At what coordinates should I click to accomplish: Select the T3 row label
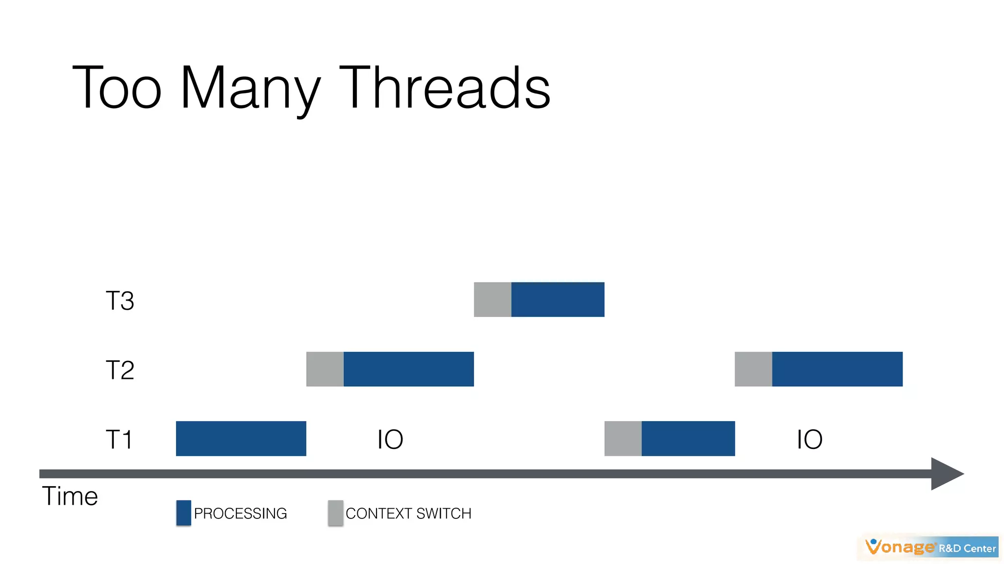[x=120, y=301]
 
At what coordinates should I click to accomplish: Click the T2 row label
[x=120, y=370]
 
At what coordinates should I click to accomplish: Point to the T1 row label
[x=119, y=439]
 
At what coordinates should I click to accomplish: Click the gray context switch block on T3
[x=492, y=300]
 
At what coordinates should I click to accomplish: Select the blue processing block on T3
[x=557, y=300]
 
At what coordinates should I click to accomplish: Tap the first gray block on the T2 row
[x=325, y=369]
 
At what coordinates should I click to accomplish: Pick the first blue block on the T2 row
[x=408, y=369]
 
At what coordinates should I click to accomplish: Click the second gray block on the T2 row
[x=753, y=369]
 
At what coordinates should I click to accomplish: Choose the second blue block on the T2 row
[x=837, y=369]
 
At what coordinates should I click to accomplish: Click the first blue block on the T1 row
[x=241, y=439]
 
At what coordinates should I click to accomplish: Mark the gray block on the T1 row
[x=623, y=439]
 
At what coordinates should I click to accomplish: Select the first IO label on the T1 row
[x=390, y=439]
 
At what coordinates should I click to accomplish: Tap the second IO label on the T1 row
[x=809, y=439]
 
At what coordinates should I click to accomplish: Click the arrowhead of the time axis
[x=945, y=474]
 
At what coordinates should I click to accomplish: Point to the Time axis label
[x=70, y=496]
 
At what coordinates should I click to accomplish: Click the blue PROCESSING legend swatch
[x=183, y=513]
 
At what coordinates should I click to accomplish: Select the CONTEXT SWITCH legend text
[x=408, y=514]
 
